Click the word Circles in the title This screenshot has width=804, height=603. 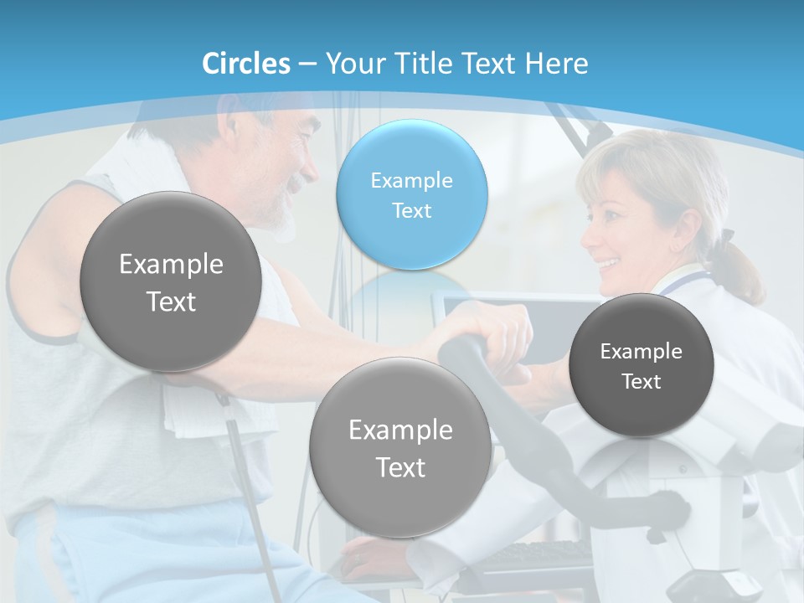click(x=246, y=64)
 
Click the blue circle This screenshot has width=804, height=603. click(x=411, y=194)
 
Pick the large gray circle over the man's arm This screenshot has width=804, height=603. click(x=170, y=281)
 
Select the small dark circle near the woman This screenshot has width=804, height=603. click(x=641, y=365)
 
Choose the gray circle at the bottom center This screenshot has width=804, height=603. click(x=400, y=447)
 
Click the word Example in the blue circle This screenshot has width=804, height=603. click(x=411, y=180)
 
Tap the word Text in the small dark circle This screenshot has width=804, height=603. click(x=642, y=382)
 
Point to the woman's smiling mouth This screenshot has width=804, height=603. click(x=609, y=264)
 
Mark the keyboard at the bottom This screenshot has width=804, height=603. click(x=544, y=554)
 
